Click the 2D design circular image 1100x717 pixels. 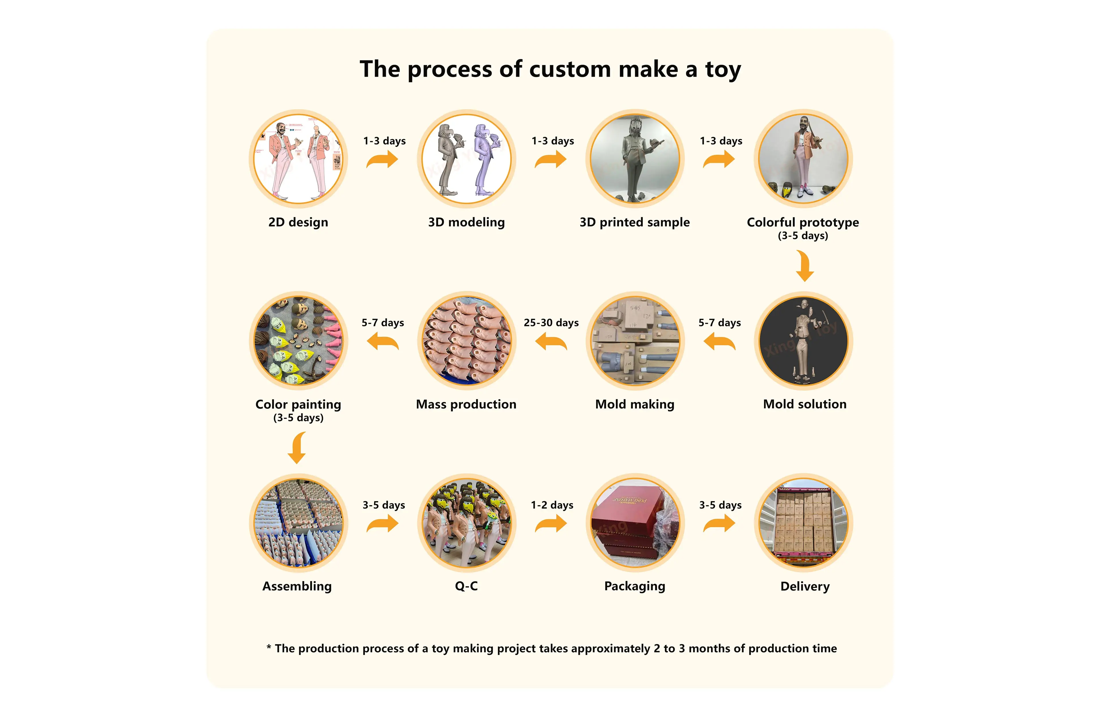(x=298, y=159)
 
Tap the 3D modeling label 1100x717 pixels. (x=466, y=222)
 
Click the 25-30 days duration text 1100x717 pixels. (x=551, y=323)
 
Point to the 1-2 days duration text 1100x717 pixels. (x=552, y=505)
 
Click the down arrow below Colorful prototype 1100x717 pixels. (x=805, y=266)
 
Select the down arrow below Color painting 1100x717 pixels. (x=297, y=448)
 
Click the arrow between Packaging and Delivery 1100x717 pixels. (x=719, y=523)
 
